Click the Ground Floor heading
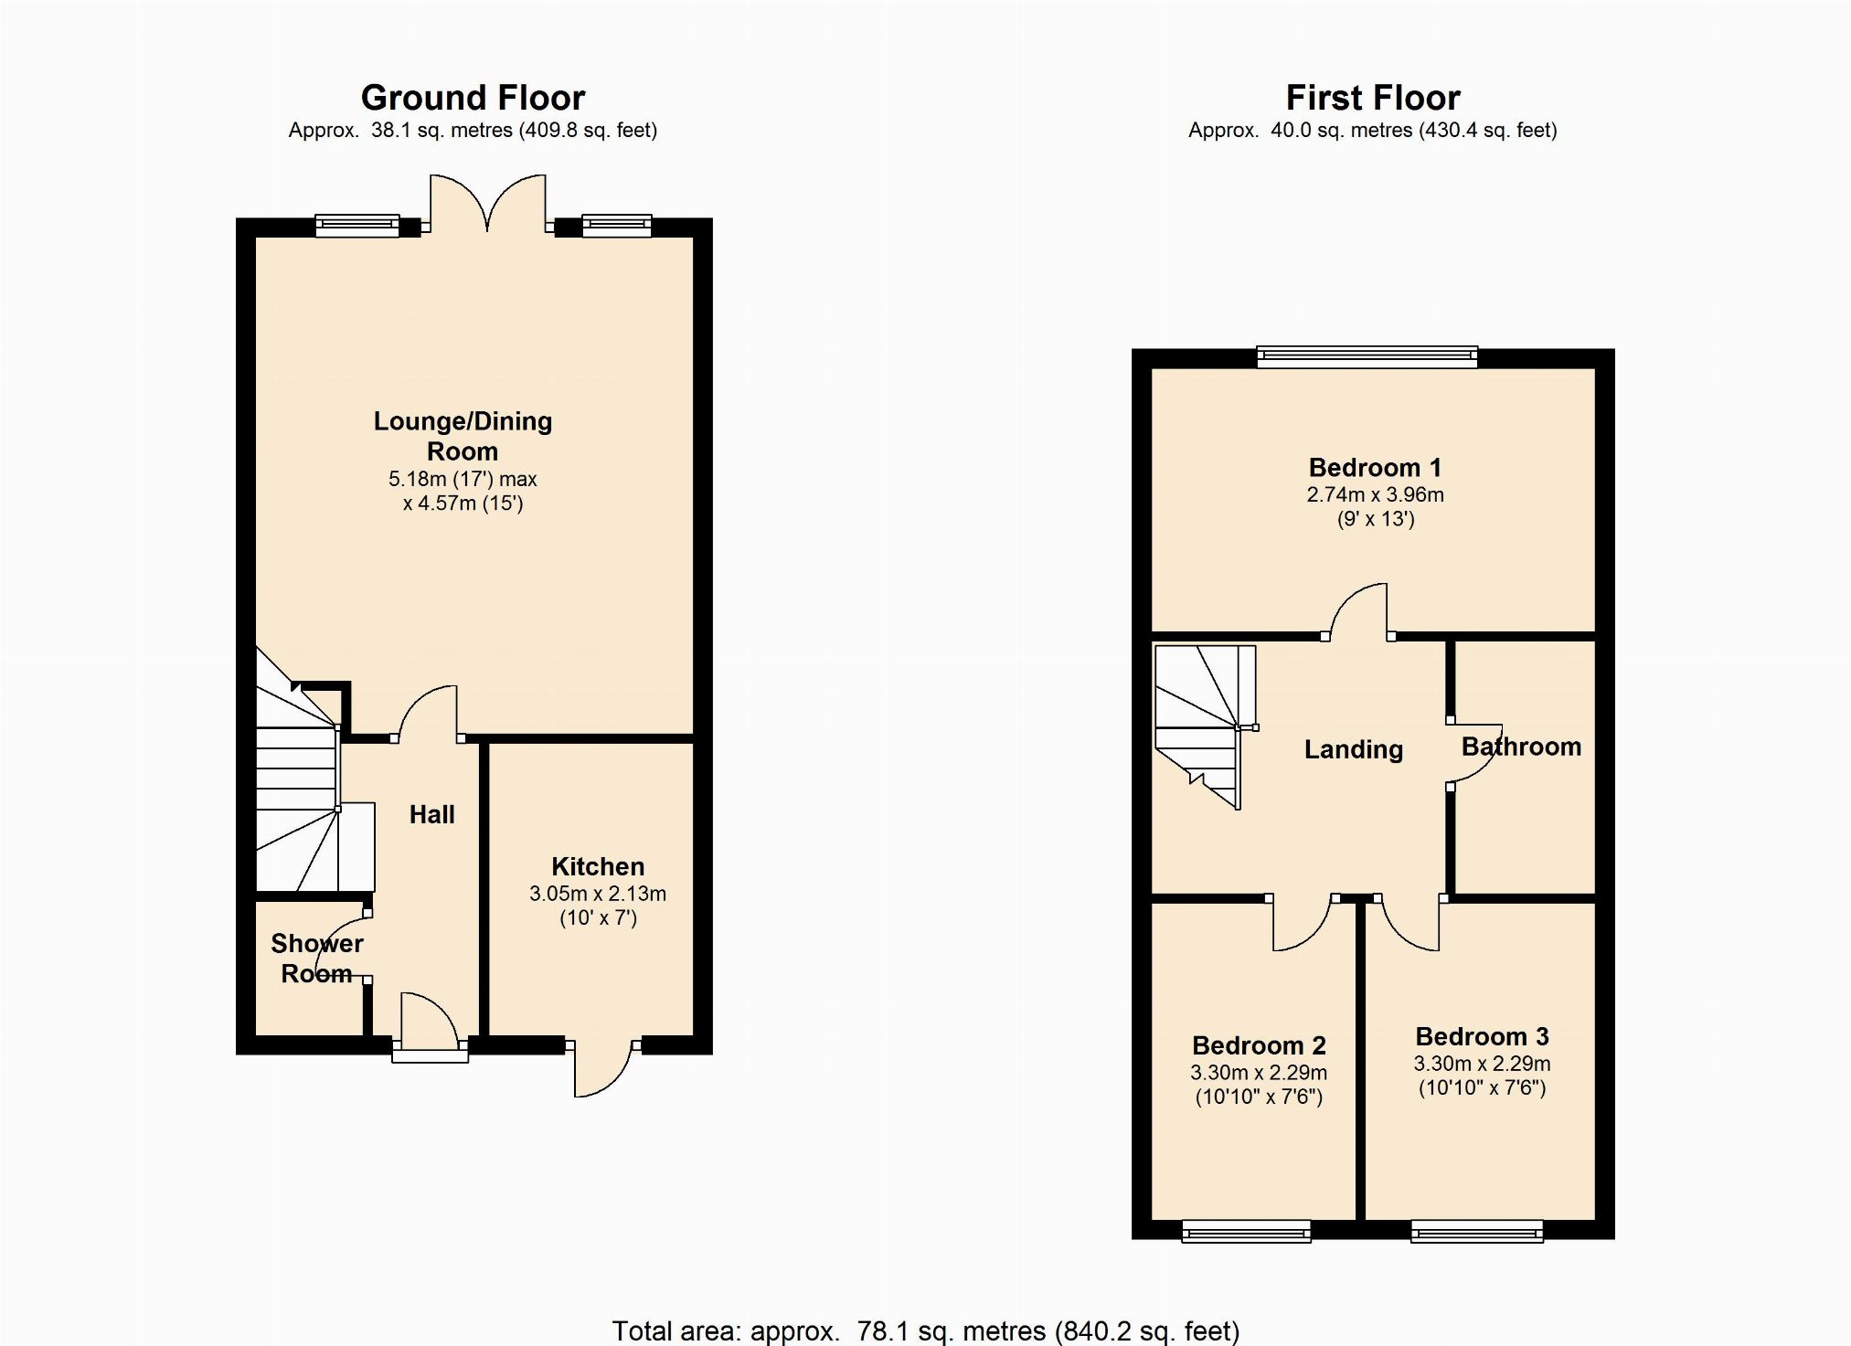click(473, 98)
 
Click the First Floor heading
click(1372, 98)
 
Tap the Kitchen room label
click(598, 866)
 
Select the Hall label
click(431, 814)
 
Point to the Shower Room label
click(317, 959)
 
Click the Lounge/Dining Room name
click(463, 436)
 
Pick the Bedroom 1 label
click(1375, 468)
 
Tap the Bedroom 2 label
click(1259, 1045)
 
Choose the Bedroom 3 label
click(1482, 1036)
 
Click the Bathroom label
click(1521, 747)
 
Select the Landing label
click(1353, 749)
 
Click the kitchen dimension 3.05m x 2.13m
click(598, 894)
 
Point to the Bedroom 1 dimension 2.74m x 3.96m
click(1375, 495)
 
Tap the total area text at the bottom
click(925, 1330)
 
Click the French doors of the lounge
click(488, 204)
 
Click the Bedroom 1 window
click(1367, 356)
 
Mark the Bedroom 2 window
click(1246, 1232)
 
